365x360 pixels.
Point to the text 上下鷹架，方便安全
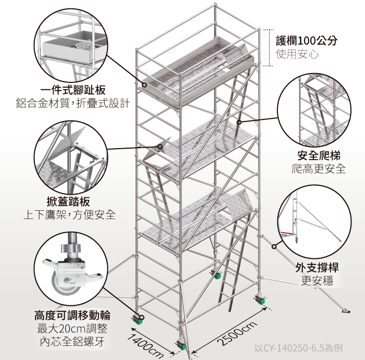click(69, 215)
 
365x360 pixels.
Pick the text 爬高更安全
click(319, 169)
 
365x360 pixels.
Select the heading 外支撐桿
click(317, 268)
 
